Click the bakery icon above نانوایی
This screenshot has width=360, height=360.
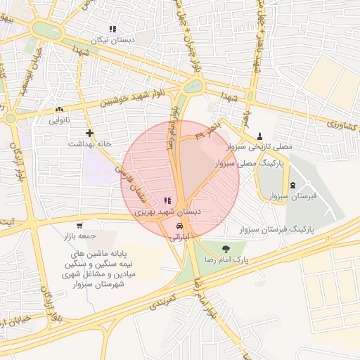[59, 110]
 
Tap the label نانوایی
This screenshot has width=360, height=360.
[59, 120]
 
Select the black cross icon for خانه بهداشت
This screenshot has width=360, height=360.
[89, 132]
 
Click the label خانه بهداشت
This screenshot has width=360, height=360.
[89, 143]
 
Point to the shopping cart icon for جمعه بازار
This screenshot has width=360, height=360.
[79, 226]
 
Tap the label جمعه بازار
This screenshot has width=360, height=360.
[79, 236]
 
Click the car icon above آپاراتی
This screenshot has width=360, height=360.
[180, 226]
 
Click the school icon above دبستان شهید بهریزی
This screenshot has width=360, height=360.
[167, 201]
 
